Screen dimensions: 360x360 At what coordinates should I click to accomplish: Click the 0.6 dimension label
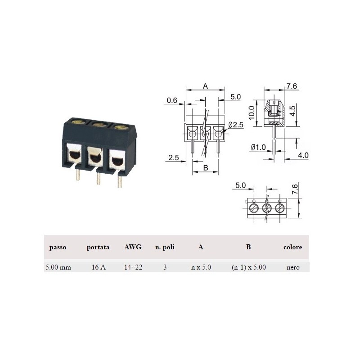[172, 100]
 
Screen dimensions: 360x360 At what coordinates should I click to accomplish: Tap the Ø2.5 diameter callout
[236, 125]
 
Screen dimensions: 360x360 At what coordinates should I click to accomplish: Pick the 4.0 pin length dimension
[303, 155]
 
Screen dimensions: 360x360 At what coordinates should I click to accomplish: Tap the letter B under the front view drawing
[205, 168]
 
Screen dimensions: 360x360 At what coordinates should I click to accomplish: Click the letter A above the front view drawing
[205, 86]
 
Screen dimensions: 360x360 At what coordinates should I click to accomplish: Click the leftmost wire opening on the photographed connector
[74, 156]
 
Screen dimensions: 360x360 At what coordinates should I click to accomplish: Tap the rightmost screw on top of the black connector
[120, 127]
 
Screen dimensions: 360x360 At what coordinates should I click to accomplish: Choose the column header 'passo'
[58, 247]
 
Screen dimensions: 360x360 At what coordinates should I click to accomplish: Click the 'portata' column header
[98, 247]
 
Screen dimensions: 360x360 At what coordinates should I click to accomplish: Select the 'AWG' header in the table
[133, 247]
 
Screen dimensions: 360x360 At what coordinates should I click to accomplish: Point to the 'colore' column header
[292, 247]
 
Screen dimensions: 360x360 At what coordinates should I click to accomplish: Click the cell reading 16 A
[98, 267]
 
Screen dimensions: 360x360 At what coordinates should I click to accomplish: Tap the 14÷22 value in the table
[133, 267]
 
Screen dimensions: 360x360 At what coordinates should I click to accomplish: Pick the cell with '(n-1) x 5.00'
[248, 267]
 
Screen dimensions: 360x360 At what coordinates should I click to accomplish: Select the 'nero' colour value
[293, 267]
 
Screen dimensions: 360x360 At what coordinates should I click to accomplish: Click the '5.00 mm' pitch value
[58, 267]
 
